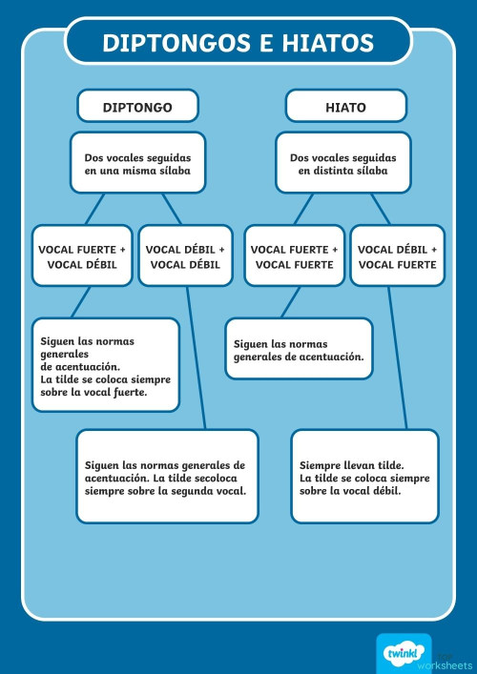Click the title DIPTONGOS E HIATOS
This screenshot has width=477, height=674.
point(238,42)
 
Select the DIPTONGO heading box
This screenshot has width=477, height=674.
point(137,107)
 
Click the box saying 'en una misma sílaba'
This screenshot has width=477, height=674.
point(137,163)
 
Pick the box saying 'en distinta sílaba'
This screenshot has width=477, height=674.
point(343,163)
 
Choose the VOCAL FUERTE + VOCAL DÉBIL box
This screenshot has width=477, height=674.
point(82,256)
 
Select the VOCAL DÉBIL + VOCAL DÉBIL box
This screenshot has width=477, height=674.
point(185,256)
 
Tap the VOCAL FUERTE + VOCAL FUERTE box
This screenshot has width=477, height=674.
point(294,256)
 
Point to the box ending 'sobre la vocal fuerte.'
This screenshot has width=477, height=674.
point(105,365)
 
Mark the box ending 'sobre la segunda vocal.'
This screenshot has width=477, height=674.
point(166,477)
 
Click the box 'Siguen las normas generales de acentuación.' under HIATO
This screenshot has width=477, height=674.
point(298,349)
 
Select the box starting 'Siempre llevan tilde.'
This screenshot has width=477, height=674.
point(364,477)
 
